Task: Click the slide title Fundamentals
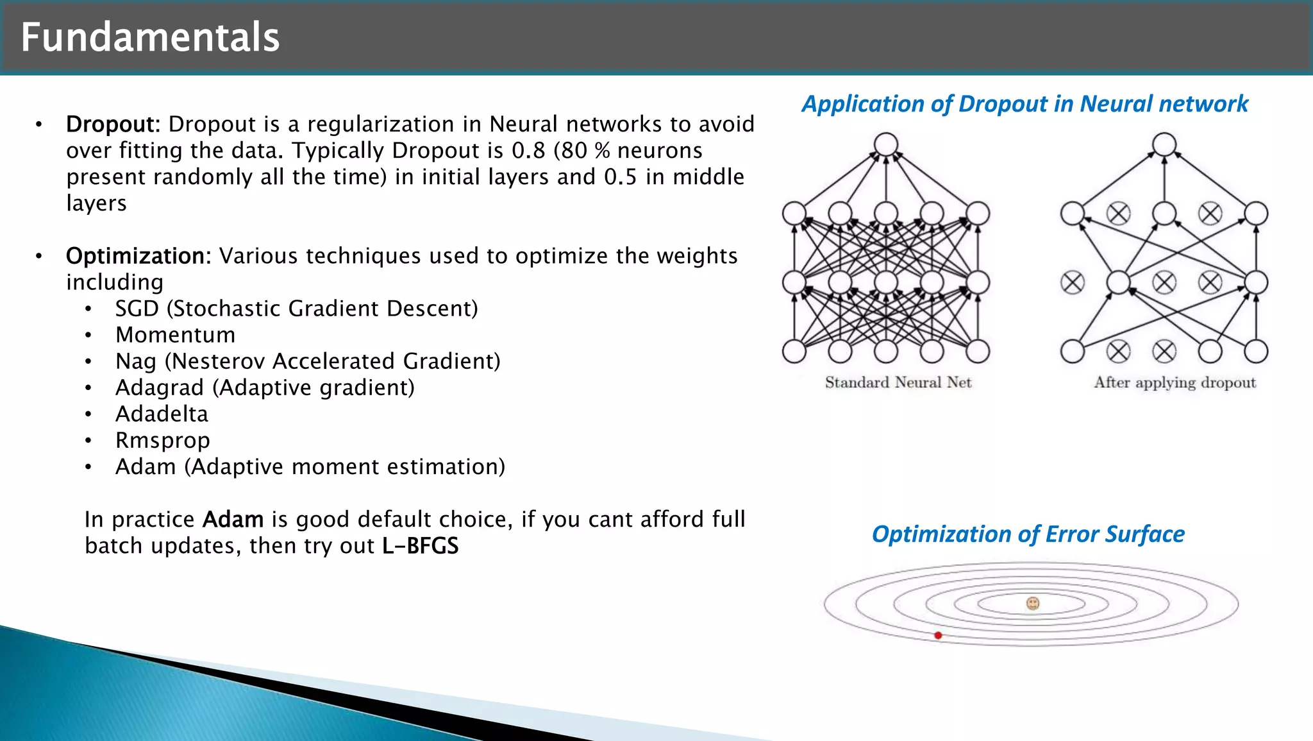click(x=150, y=37)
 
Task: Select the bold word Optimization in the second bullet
click(x=138, y=256)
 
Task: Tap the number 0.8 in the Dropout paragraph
click(x=528, y=151)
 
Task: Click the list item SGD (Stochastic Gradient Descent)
click(x=296, y=309)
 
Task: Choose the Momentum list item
click(x=175, y=335)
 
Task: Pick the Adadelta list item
click(x=162, y=414)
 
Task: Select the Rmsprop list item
click(x=162, y=441)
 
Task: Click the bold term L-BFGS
click(x=420, y=546)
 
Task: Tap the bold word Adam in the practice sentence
click(x=233, y=520)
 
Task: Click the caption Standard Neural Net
click(x=898, y=382)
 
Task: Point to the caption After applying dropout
click(x=1175, y=382)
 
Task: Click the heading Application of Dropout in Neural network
click(x=1024, y=104)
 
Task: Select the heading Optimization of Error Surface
click(x=1028, y=534)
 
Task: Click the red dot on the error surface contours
click(x=938, y=635)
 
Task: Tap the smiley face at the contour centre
click(x=1032, y=603)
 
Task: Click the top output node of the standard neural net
click(x=885, y=144)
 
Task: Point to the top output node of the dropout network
click(x=1164, y=144)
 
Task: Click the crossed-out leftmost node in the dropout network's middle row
click(x=1072, y=282)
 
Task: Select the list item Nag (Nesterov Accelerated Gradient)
click(x=308, y=361)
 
